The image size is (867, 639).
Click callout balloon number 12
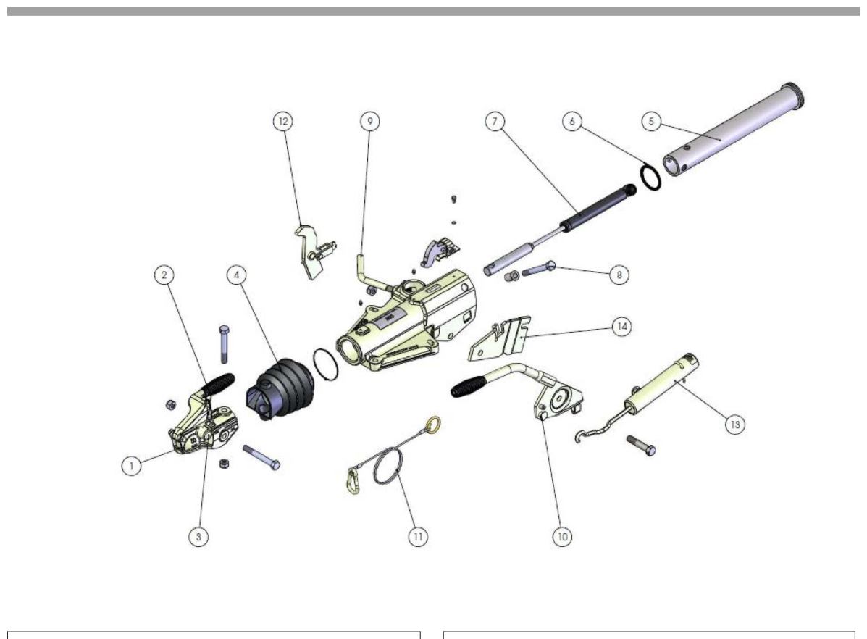coord(283,121)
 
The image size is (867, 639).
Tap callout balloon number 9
coord(370,121)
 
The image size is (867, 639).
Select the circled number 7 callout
coord(494,121)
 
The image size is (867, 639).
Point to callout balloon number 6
coord(572,121)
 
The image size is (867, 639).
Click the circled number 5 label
coord(651,121)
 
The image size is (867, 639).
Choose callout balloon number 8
coord(619,275)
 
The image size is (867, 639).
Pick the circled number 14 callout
coord(622,327)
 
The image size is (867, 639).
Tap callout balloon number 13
coord(735,425)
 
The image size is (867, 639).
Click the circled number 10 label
coord(562,536)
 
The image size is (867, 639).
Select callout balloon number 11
coord(418,536)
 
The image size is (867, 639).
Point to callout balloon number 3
coord(198,536)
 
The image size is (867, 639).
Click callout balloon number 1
coord(132,465)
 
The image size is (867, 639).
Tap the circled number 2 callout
coord(164,275)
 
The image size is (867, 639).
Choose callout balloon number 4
coord(237,275)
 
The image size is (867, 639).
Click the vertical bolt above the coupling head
coord(224,344)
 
